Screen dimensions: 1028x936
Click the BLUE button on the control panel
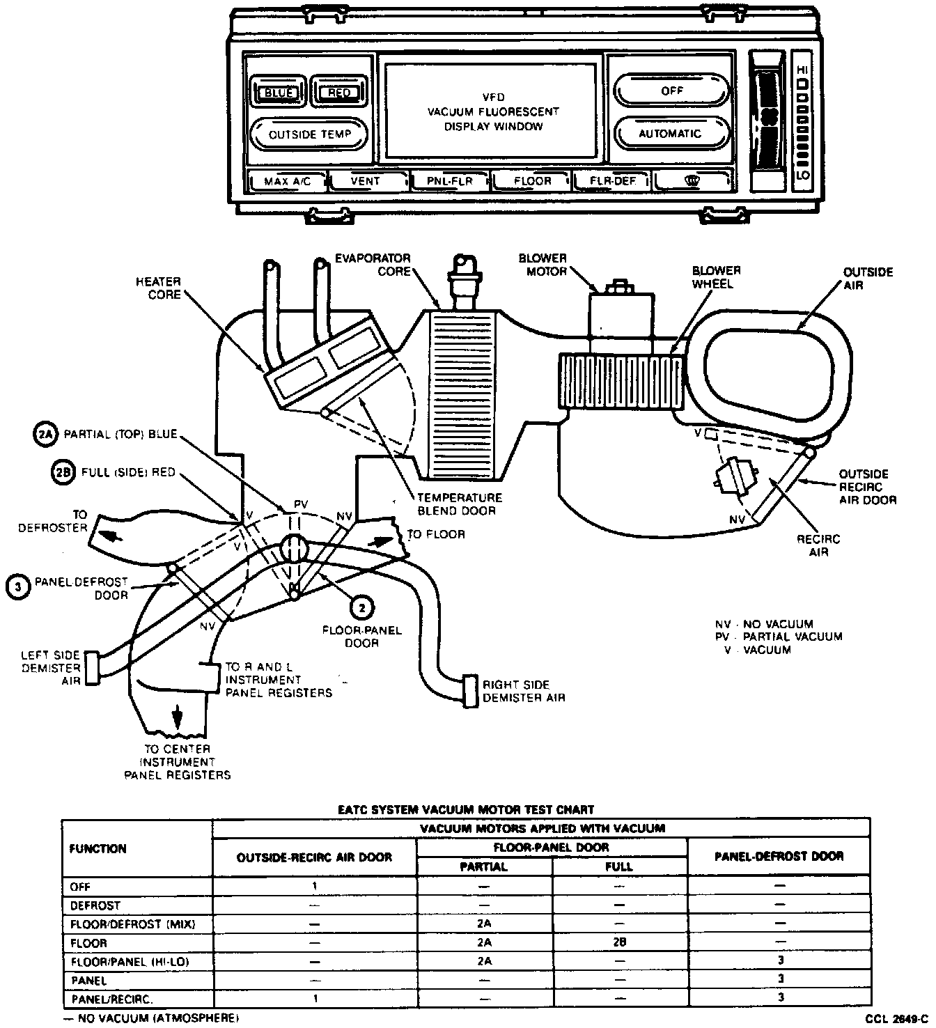[279, 93]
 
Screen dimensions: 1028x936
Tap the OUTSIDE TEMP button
[309, 134]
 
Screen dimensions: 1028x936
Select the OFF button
[672, 91]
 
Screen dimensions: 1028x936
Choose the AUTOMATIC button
[671, 133]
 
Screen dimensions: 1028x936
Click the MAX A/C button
[286, 181]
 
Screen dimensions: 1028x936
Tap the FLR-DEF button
[612, 181]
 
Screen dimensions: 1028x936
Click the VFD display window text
[493, 112]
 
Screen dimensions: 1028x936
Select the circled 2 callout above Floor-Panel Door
[361, 607]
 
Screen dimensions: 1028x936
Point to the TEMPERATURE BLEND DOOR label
[460, 504]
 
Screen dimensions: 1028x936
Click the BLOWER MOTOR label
[543, 264]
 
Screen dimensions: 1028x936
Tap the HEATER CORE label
[159, 288]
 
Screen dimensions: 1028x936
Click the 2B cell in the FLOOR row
[618, 943]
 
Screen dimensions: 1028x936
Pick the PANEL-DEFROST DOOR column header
[779, 856]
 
